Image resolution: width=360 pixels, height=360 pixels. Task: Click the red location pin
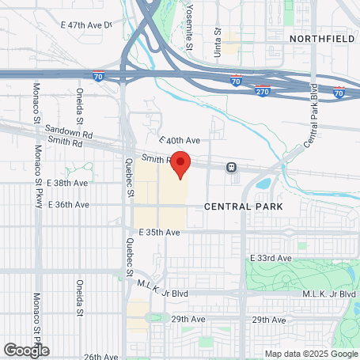[180, 164]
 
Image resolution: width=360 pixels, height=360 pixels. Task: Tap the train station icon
[232, 167]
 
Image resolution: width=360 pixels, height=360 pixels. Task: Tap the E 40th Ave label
[180, 140]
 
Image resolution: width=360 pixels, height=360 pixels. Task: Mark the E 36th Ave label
[67, 204]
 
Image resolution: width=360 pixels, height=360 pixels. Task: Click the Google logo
[26, 349]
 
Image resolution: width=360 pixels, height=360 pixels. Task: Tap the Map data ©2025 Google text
[310, 354]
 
